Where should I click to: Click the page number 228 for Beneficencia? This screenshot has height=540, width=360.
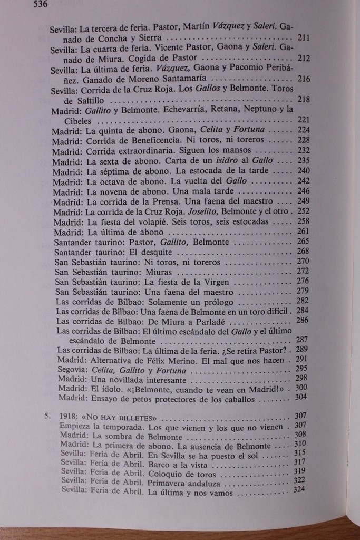pos(302,140)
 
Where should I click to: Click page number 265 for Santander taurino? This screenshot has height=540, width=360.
pos(303,241)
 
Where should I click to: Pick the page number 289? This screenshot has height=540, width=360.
pos(302,350)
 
